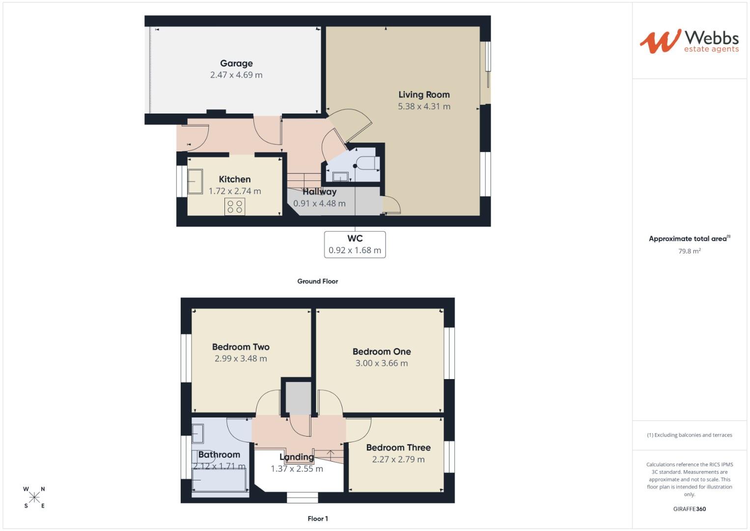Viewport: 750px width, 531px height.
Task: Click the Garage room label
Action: point(236,63)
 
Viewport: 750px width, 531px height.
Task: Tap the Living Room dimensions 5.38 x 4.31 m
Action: point(424,106)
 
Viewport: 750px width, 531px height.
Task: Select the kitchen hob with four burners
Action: point(235,206)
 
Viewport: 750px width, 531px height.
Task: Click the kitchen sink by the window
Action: point(195,181)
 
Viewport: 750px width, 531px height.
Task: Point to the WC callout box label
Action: point(355,239)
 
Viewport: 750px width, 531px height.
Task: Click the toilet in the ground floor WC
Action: point(367,163)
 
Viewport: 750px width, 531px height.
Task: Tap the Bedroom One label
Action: point(382,352)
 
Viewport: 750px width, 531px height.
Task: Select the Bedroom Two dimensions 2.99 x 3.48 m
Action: point(241,359)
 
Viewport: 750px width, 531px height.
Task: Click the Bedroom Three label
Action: point(398,448)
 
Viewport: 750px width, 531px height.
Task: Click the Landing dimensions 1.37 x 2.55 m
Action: point(297,469)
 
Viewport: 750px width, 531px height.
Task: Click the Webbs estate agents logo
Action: point(689,41)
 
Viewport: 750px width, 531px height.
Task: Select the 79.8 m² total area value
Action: point(689,251)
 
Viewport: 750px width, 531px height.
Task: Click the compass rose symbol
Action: point(34,497)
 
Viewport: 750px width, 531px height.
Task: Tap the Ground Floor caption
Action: point(317,281)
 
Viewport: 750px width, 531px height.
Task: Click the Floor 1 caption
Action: point(317,519)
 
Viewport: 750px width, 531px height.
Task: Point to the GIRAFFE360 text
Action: point(689,509)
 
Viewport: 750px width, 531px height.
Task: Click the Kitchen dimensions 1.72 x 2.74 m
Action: point(235,191)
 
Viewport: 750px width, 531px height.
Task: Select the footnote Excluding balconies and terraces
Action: point(689,435)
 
